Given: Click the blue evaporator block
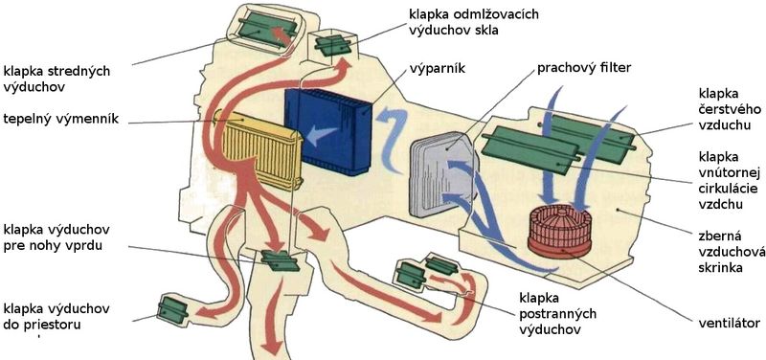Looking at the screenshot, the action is (328, 131).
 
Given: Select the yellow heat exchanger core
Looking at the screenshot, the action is (261, 150).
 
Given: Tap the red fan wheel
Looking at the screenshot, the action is (560, 232).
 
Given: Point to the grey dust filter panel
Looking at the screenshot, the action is (442, 174).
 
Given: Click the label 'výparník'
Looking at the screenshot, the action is (437, 69).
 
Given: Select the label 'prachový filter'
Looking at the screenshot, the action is (584, 68).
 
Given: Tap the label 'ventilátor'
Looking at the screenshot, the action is (729, 323).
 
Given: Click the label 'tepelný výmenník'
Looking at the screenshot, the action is (61, 119).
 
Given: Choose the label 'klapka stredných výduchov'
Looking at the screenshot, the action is (56, 79).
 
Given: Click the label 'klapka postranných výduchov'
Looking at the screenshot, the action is (557, 314).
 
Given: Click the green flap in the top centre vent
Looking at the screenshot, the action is (267, 26).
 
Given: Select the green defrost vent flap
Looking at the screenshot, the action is (332, 45).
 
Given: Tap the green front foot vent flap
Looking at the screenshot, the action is (280, 260).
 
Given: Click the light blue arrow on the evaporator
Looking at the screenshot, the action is (322, 135).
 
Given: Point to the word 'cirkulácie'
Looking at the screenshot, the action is (721, 189).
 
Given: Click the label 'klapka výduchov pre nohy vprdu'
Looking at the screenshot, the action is (56, 237).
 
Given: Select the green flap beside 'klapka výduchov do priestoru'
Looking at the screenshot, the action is (173, 309).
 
